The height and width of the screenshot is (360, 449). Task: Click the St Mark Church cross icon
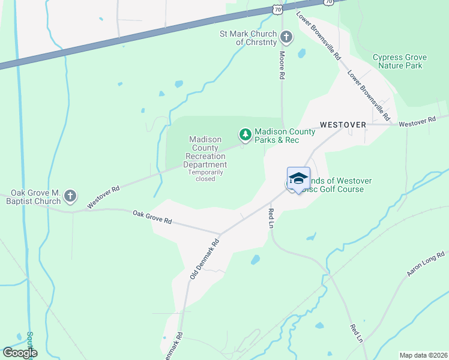(x=286, y=37)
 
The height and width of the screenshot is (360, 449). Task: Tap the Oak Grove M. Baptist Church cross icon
(x=70, y=196)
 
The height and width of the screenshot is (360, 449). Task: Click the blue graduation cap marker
(x=298, y=178)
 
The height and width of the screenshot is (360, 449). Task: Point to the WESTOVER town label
(x=343, y=124)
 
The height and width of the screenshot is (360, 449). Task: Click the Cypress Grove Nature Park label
(x=399, y=61)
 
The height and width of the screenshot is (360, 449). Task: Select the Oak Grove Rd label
(x=152, y=217)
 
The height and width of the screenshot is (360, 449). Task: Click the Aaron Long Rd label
(x=426, y=264)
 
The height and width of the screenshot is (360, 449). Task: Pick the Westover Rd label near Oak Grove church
(x=103, y=197)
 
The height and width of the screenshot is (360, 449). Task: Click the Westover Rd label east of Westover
(x=417, y=122)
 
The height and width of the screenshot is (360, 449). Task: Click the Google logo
(x=19, y=353)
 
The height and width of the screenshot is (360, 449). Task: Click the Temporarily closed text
(x=205, y=175)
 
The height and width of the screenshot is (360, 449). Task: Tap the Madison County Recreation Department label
(x=205, y=152)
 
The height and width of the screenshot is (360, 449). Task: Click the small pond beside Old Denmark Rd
(x=255, y=260)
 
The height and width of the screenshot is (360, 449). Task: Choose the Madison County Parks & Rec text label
(x=285, y=136)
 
